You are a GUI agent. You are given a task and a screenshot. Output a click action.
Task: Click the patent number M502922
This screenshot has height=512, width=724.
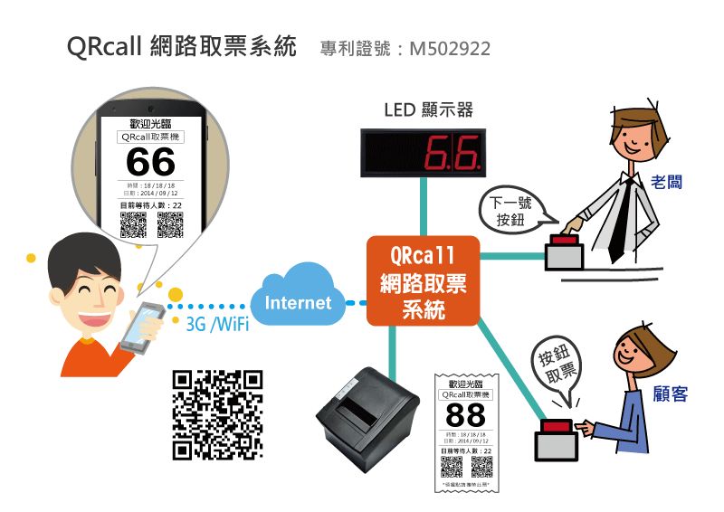click(x=450, y=48)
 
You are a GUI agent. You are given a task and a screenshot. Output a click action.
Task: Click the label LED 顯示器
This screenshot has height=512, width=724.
click(x=428, y=110)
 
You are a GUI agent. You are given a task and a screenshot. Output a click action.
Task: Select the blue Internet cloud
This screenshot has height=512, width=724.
click(x=298, y=299)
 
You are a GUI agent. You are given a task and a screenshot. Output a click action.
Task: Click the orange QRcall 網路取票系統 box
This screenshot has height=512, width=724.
click(x=422, y=281)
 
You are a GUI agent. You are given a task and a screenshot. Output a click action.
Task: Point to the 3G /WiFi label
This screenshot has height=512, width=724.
click(x=216, y=325)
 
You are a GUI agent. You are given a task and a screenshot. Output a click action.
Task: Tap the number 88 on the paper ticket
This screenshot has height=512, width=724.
click(x=466, y=417)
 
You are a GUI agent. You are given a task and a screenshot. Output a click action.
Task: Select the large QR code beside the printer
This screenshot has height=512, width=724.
click(x=217, y=414)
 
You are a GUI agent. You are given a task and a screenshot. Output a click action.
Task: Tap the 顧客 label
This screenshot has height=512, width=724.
click(x=670, y=394)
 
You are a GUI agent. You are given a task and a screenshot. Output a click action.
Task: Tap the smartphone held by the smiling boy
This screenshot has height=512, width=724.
click(x=142, y=324)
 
